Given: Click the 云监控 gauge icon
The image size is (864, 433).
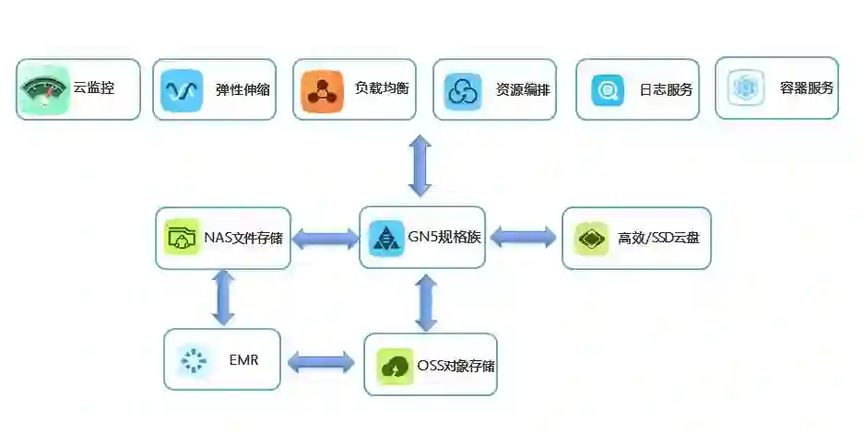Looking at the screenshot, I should [x=43, y=90].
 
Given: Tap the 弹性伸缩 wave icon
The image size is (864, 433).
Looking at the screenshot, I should [x=181, y=90].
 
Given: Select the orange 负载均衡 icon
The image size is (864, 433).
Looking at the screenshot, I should [x=322, y=90].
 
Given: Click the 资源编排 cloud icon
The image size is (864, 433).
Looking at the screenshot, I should [x=462, y=90].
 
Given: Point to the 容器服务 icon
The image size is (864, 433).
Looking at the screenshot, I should [x=745, y=88].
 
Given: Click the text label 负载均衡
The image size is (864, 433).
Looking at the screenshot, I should [x=382, y=89].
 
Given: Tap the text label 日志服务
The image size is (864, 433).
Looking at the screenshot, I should [x=666, y=90].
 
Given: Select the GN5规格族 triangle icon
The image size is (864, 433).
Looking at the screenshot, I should [x=385, y=238].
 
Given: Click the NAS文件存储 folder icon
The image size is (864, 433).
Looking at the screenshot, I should [x=182, y=238].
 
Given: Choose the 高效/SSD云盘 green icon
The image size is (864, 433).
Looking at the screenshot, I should [x=590, y=238].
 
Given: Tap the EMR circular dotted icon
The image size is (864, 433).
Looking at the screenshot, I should [x=194, y=359].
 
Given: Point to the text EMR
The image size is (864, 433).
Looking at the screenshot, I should [x=243, y=359].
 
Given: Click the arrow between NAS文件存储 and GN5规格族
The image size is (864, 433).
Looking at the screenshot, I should [x=325, y=239].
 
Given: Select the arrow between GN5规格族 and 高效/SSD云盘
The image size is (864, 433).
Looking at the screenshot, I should [x=523, y=237].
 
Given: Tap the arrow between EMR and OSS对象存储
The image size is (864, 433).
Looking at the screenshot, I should [x=321, y=362].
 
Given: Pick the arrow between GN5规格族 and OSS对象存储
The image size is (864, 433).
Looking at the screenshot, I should [x=425, y=301].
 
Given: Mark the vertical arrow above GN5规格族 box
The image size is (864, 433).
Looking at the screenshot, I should [x=420, y=165].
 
